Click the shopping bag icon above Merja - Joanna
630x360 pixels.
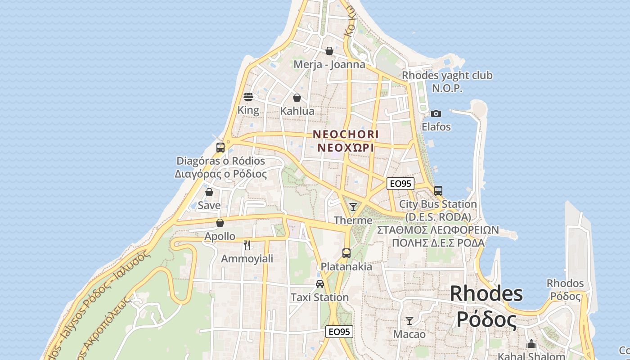(x=329, y=51)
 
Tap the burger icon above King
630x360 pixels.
(x=248, y=96)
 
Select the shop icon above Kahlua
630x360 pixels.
(x=297, y=97)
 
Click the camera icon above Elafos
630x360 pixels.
(x=436, y=113)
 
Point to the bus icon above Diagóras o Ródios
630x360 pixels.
(x=220, y=147)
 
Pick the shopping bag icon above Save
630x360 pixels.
(x=209, y=192)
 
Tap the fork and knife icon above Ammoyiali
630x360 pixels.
(x=247, y=245)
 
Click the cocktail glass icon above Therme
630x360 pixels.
(x=353, y=207)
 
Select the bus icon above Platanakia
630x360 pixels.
(x=346, y=253)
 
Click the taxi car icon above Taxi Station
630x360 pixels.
(x=319, y=284)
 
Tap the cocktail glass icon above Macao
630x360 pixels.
(x=409, y=321)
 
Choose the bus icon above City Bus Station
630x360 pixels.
(x=438, y=190)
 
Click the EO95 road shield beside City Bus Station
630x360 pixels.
(x=400, y=183)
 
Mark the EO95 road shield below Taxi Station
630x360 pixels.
(x=339, y=332)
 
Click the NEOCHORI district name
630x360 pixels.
(x=346, y=134)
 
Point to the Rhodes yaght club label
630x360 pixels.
(x=447, y=76)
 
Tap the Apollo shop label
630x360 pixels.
(x=220, y=236)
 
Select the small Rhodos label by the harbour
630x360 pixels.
(x=565, y=283)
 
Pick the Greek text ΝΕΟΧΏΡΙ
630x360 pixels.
(x=346, y=148)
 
